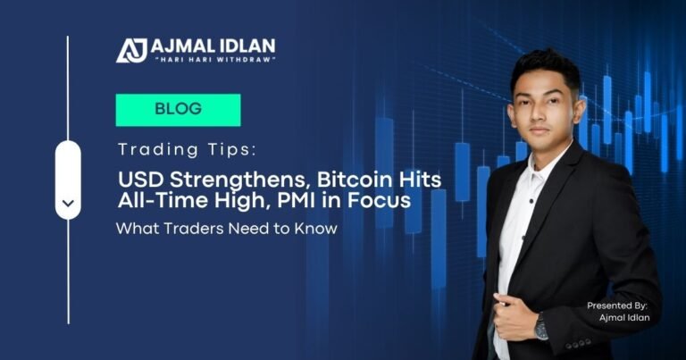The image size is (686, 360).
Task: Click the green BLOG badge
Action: click(x=178, y=110)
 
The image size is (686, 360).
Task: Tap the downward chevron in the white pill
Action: click(x=68, y=204)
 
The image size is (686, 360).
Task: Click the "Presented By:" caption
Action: click(x=616, y=306)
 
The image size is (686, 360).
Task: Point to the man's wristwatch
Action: click(x=541, y=327)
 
